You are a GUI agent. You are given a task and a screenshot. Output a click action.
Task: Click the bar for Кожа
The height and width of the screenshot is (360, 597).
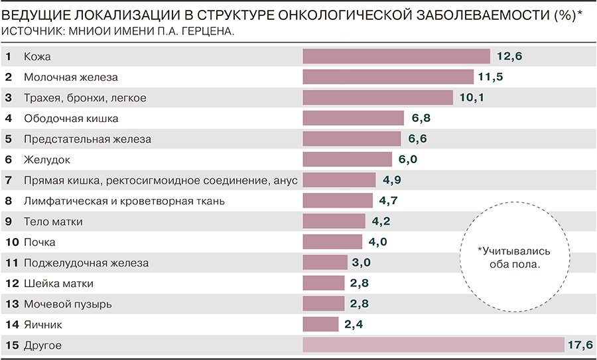point(396,56)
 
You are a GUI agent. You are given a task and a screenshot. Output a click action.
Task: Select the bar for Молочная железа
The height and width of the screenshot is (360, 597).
point(387,77)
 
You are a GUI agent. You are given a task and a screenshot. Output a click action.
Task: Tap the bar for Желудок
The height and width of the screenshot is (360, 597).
point(347,160)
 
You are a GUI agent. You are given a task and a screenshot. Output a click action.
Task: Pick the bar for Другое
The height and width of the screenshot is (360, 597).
point(433,345)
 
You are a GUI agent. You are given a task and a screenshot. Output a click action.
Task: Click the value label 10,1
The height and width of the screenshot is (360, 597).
point(473,98)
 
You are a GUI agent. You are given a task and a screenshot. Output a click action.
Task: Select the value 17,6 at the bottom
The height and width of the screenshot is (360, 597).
point(579,345)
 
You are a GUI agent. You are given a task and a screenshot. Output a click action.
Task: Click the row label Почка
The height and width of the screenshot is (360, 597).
point(40,242)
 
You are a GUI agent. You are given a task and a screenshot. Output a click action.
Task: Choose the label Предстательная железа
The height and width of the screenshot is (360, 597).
point(88,139)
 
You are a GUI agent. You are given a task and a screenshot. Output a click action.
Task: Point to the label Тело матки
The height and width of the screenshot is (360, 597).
point(53,221)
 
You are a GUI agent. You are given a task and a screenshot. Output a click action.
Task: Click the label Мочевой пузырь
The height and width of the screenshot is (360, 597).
point(68,304)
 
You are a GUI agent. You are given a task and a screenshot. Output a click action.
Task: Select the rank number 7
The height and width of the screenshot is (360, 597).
point(8,180)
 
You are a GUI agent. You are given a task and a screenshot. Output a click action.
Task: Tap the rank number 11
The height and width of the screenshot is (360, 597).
point(10,263)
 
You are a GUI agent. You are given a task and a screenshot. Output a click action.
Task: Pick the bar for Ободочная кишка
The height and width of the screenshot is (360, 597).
point(353,119)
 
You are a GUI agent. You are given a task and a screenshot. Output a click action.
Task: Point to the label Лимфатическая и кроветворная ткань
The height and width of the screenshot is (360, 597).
point(125,201)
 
